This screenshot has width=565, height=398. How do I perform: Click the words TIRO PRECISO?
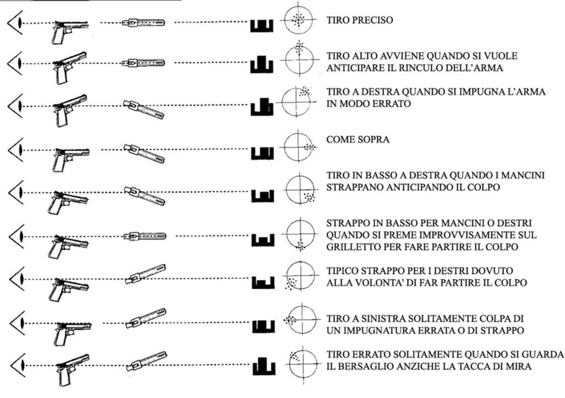[360, 20]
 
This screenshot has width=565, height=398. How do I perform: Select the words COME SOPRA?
[358, 139]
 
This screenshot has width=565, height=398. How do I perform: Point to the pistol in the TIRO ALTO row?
[69, 67]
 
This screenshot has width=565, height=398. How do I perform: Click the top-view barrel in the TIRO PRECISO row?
[143, 23]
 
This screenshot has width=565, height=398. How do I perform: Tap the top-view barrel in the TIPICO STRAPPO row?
[146, 274]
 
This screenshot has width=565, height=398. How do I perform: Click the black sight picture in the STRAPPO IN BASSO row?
[263, 240]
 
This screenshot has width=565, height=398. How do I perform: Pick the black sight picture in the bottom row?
[264, 367]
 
